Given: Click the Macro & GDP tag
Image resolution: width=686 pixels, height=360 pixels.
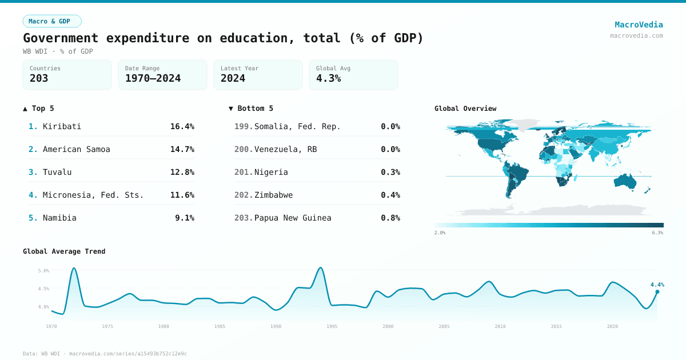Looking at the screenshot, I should coord(52,21).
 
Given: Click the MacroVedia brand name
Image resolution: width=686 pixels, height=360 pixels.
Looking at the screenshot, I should coord(639,25).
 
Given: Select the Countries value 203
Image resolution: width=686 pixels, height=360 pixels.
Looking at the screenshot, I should coord(39,78).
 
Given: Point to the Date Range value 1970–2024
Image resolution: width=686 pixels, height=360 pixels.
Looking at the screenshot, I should coord(153,78).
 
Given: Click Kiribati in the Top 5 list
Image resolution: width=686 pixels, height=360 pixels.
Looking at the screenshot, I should coord(62,126).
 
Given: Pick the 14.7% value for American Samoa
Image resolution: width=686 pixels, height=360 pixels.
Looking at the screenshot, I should coord(182,149).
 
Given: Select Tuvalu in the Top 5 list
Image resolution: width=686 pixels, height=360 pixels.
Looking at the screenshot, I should coord(57,172).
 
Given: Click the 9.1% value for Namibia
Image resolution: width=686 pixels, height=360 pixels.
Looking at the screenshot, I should coord(184,218).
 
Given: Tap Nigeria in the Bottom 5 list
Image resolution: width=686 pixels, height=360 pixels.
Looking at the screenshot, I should coord(271,172).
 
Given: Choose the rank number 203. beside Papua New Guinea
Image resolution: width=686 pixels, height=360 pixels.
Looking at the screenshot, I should coord(243,218).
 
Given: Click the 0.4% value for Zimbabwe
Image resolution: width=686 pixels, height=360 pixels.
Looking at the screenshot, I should coord(390,195).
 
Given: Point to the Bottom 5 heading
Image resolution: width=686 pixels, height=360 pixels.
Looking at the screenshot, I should coord(251,108).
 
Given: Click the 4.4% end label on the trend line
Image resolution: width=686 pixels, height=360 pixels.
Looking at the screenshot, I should coord(657,284).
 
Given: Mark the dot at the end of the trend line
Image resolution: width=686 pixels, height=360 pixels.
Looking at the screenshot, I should coord(657,291).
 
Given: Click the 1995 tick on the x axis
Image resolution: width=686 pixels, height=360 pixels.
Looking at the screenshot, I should coord(332,326).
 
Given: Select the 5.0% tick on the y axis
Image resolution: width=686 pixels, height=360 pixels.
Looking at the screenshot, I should coord(43,270).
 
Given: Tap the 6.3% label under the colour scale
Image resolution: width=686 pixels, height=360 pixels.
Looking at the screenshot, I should coord(657,233).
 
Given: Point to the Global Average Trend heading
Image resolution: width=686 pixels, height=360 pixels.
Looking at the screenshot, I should coord(64,251).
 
